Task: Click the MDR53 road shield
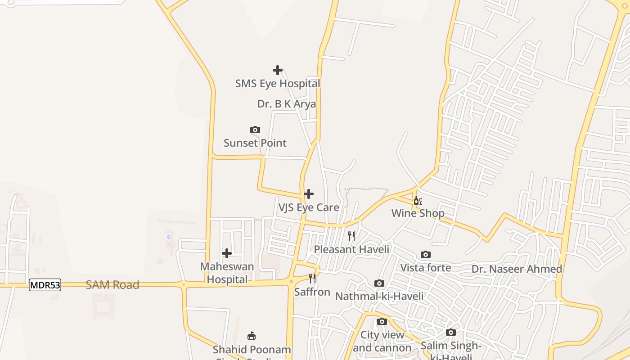pyautogui.click(x=45, y=285)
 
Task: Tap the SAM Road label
pyautogui.click(x=112, y=285)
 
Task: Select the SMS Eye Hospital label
pyautogui.click(x=278, y=84)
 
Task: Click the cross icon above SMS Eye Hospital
pyautogui.click(x=278, y=70)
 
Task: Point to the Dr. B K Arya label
pyautogui.click(x=287, y=104)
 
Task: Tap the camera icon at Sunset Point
pyautogui.click(x=255, y=130)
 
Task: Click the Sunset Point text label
pyautogui.click(x=255, y=143)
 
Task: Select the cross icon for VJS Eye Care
pyautogui.click(x=309, y=194)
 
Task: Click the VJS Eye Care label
pyautogui.click(x=309, y=207)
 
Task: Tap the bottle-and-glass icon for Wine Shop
pyautogui.click(x=418, y=201)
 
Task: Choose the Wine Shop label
pyautogui.click(x=418, y=213)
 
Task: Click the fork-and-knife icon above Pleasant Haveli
pyautogui.click(x=351, y=236)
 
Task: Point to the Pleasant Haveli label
pyautogui.click(x=351, y=249)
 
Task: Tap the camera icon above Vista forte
pyautogui.click(x=426, y=255)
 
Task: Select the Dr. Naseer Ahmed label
pyautogui.click(x=517, y=269)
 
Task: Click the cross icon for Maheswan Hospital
pyautogui.click(x=227, y=253)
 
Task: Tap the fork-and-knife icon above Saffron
pyautogui.click(x=312, y=279)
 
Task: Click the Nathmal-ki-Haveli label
pyautogui.click(x=379, y=296)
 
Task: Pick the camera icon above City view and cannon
pyautogui.click(x=382, y=322)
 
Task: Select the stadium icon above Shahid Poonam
pyautogui.click(x=252, y=336)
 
